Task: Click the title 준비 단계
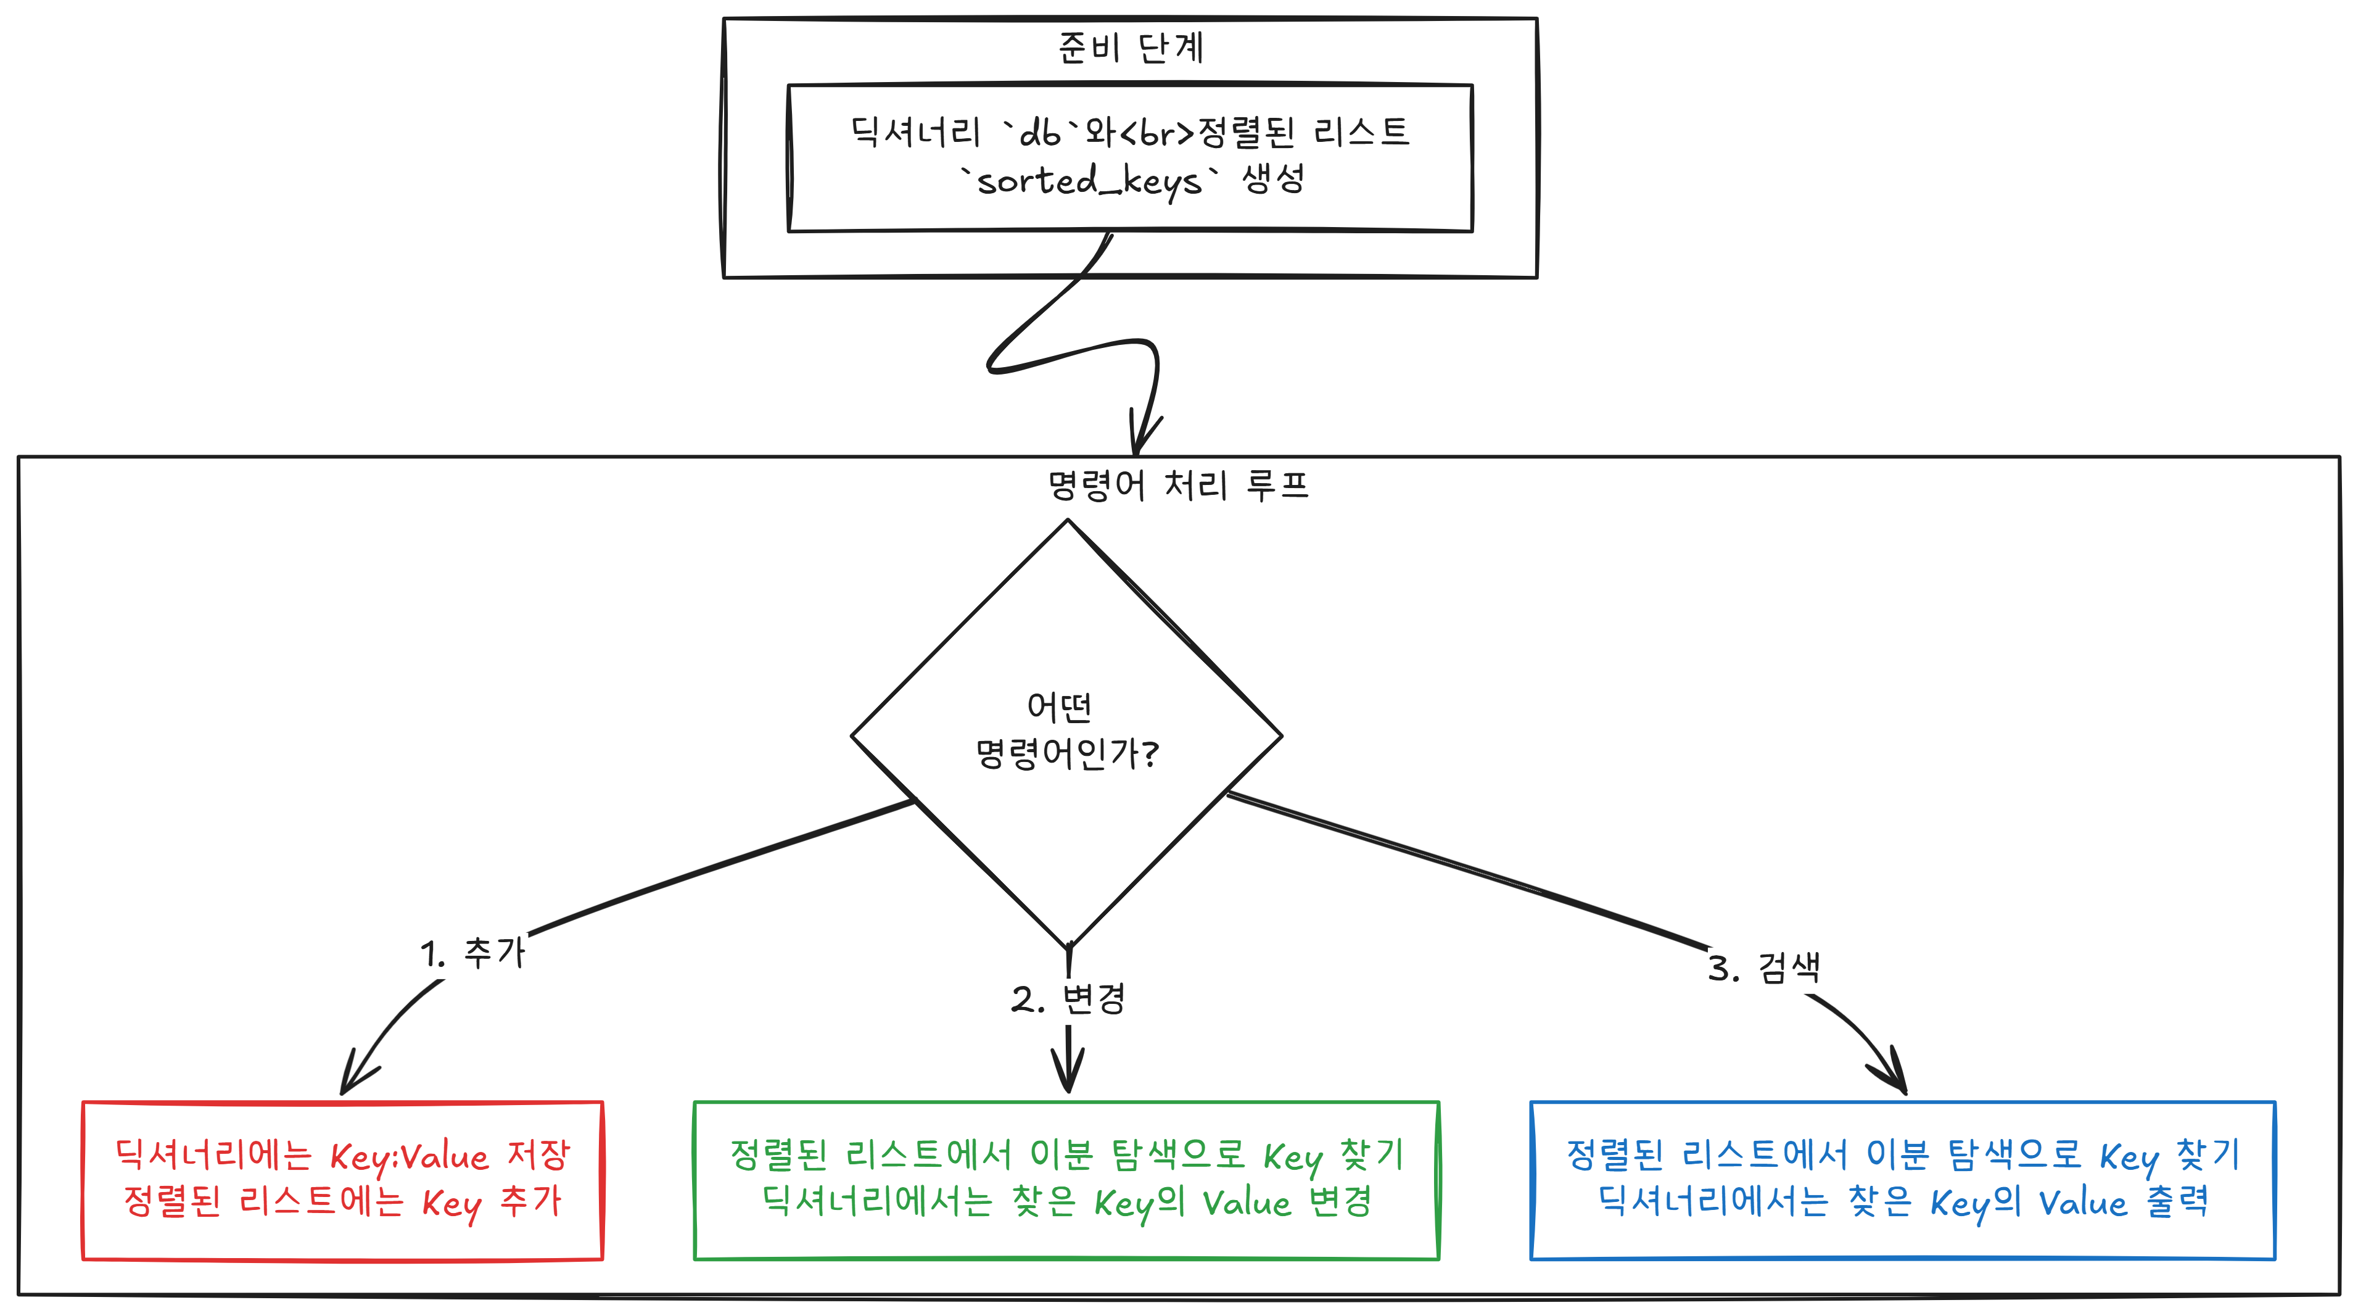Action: [1131, 47]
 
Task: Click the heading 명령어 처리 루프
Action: [1178, 484]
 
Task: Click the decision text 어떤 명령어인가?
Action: [1066, 731]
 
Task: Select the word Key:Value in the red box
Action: [409, 1156]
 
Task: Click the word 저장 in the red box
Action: [538, 1154]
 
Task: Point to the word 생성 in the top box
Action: [1272, 178]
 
